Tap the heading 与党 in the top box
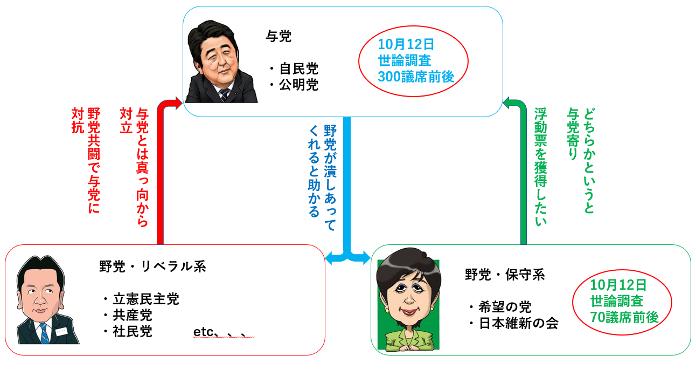coord(279,37)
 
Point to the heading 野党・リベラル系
coord(152,266)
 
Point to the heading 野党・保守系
coord(505,275)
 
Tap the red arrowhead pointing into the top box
coord(178,102)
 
